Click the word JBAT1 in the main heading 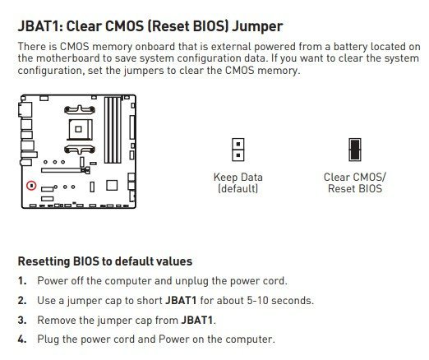(40, 26)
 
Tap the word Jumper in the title (257, 27)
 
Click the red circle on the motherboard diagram (31, 186)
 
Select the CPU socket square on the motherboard (79, 129)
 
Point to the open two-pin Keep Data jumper (238, 150)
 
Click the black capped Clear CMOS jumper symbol (355, 150)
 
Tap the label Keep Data (238, 177)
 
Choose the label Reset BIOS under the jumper (355, 189)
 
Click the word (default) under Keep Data (238, 189)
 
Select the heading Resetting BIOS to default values (105, 261)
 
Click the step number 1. (22, 281)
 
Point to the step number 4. (22, 339)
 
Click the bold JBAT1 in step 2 (181, 301)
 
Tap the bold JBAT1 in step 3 (196, 320)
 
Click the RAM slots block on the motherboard (113, 130)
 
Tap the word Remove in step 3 (57, 320)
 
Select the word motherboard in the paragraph (68, 58)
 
